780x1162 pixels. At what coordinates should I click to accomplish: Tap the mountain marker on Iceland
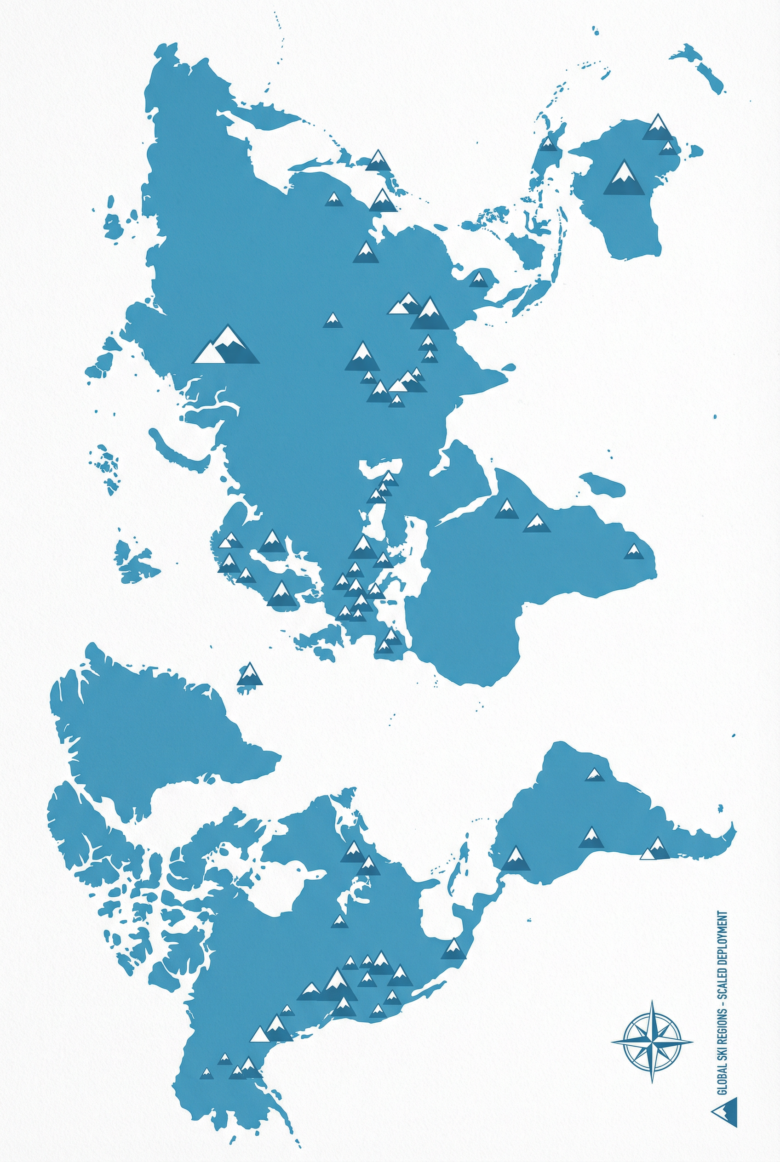click(x=249, y=675)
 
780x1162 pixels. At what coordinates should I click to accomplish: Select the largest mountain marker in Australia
click(x=624, y=178)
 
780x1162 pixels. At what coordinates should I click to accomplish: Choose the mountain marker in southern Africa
click(x=633, y=552)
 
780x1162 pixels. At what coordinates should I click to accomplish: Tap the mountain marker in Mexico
click(x=453, y=949)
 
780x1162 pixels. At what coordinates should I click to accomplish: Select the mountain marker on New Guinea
click(x=548, y=144)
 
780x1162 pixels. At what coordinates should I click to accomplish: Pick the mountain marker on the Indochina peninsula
click(x=478, y=279)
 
